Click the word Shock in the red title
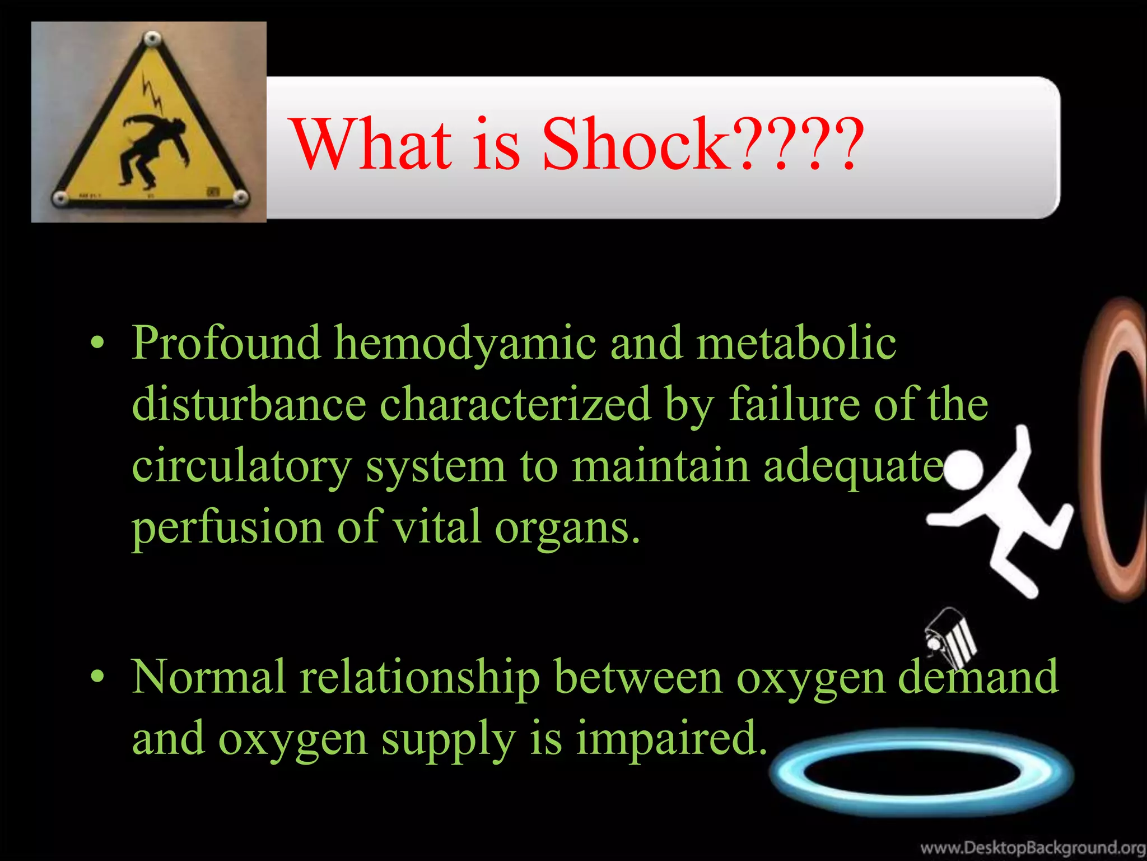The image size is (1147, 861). pyautogui.click(x=636, y=144)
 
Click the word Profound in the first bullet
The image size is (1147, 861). pyautogui.click(x=226, y=342)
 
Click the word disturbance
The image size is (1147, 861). pyautogui.click(x=249, y=404)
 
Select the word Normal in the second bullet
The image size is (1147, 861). pyautogui.click(x=209, y=677)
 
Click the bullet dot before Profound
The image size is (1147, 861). pyautogui.click(x=98, y=342)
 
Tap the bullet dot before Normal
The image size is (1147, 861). pyautogui.click(x=98, y=677)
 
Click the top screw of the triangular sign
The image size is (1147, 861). pyautogui.click(x=151, y=39)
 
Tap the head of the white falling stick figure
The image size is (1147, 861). pyautogui.click(x=964, y=470)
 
